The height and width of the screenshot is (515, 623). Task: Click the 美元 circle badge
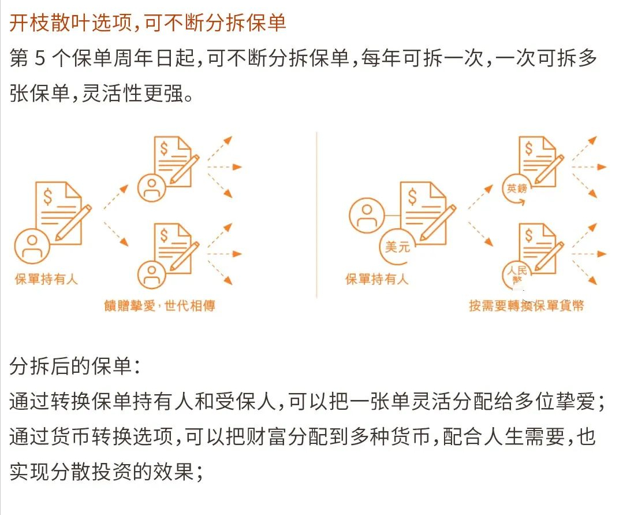pyautogui.click(x=397, y=247)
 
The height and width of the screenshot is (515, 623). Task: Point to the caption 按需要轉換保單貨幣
pyautogui.click(x=526, y=306)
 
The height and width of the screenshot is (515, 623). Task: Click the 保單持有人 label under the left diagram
pyautogui.click(x=46, y=280)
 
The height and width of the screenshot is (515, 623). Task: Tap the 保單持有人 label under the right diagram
pyautogui.click(x=377, y=280)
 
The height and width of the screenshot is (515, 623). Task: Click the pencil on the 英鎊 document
pyautogui.click(x=550, y=169)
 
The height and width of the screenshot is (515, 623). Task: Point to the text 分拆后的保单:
pyautogui.click(x=74, y=366)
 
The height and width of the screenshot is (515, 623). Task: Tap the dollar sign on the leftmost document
pyautogui.click(x=47, y=197)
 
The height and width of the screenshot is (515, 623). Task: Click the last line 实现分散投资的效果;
pyautogui.click(x=106, y=472)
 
